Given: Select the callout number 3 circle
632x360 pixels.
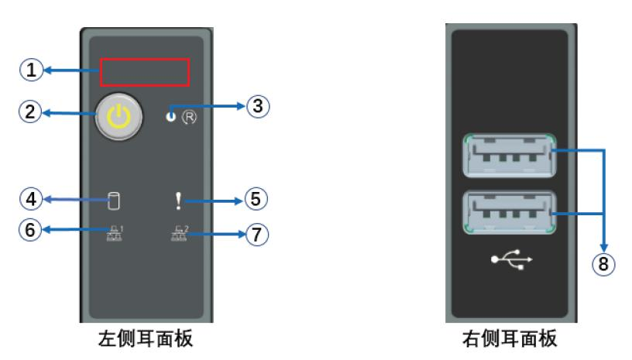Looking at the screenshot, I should (258, 107).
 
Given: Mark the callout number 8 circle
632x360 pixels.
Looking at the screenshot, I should (604, 263).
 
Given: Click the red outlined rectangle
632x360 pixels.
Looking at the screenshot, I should (145, 72).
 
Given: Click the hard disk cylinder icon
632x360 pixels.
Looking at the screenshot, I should (114, 203).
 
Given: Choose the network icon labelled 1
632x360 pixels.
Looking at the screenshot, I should (113, 231).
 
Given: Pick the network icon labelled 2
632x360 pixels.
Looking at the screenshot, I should (178, 231).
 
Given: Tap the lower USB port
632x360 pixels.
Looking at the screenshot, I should (509, 211).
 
